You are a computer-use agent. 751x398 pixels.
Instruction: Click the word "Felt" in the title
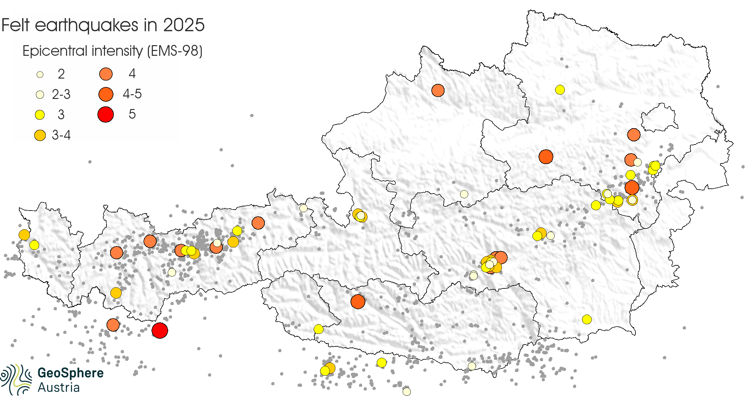[x=15, y=25]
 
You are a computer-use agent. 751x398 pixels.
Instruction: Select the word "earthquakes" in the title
[x=87, y=26]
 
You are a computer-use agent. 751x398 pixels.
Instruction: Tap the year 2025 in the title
[x=184, y=25]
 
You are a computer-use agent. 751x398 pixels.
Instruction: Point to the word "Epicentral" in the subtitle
[x=50, y=51]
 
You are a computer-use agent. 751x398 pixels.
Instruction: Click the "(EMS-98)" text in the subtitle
[x=175, y=51]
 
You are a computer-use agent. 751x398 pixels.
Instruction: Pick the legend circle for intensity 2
[x=40, y=74]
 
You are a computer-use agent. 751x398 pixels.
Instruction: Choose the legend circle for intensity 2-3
[x=40, y=95]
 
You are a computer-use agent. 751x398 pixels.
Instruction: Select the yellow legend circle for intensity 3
[x=40, y=115]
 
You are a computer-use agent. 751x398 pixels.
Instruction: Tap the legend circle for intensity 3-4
[x=40, y=135]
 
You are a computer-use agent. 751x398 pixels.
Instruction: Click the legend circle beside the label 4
[x=106, y=74]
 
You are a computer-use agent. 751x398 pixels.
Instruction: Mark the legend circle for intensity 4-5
[x=106, y=94]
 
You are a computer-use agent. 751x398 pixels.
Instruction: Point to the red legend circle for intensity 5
[x=106, y=114]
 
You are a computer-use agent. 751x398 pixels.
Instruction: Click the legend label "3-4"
[x=61, y=135]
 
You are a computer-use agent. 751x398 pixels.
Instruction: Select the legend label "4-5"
[x=132, y=94]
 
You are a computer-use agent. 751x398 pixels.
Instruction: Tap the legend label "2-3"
[x=61, y=95]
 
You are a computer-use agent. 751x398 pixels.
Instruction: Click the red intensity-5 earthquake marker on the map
[x=160, y=330]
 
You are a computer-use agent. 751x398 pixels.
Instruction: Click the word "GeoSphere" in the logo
[x=71, y=373]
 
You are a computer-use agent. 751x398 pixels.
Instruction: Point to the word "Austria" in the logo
[x=58, y=388]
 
